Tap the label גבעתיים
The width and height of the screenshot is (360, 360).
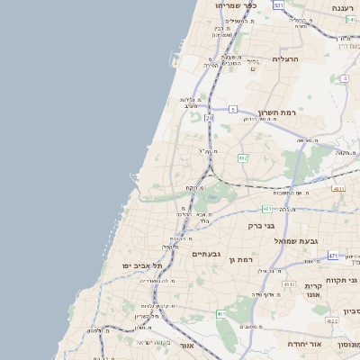[x=207, y=254]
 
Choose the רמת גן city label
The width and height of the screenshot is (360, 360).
[x=247, y=259]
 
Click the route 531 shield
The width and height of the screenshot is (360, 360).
[x=278, y=5]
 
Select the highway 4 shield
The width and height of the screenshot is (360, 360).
[x=345, y=78]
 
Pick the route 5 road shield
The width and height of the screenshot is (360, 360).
[x=232, y=109]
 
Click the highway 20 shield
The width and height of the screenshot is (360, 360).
[x=210, y=117]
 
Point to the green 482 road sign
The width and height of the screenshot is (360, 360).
[x=243, y=157]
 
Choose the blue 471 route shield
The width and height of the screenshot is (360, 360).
[x=333, y=256]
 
